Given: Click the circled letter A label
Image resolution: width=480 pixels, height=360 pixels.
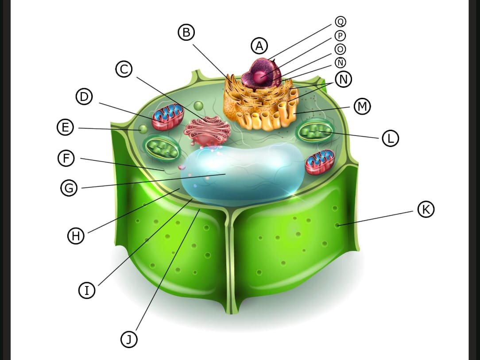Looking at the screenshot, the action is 259,46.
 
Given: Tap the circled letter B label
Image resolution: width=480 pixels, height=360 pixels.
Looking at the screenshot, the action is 186,32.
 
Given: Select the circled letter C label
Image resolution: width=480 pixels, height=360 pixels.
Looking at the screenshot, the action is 124,69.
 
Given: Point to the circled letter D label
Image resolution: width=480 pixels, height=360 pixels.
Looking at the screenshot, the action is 84,97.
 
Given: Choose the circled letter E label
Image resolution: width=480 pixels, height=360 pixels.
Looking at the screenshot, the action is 66,127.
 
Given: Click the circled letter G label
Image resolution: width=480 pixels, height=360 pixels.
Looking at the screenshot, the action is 69,188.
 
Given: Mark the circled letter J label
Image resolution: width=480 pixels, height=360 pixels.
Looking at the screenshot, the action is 129,339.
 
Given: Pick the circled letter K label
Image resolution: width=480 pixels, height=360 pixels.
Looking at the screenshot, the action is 426,209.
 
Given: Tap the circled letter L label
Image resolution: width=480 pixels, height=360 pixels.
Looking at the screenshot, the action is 391,138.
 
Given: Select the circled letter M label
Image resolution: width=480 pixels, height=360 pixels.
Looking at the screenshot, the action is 362,106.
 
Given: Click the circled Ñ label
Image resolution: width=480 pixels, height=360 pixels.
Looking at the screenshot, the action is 340,62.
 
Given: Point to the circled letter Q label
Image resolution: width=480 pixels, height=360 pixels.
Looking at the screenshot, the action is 341,22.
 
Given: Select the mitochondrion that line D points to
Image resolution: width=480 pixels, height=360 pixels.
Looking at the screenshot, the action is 168,116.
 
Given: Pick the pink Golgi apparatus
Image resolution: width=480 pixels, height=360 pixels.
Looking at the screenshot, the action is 207,131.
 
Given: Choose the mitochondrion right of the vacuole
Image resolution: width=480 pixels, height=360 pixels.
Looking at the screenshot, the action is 320,162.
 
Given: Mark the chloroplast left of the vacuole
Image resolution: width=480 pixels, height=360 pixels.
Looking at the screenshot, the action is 162,149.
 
